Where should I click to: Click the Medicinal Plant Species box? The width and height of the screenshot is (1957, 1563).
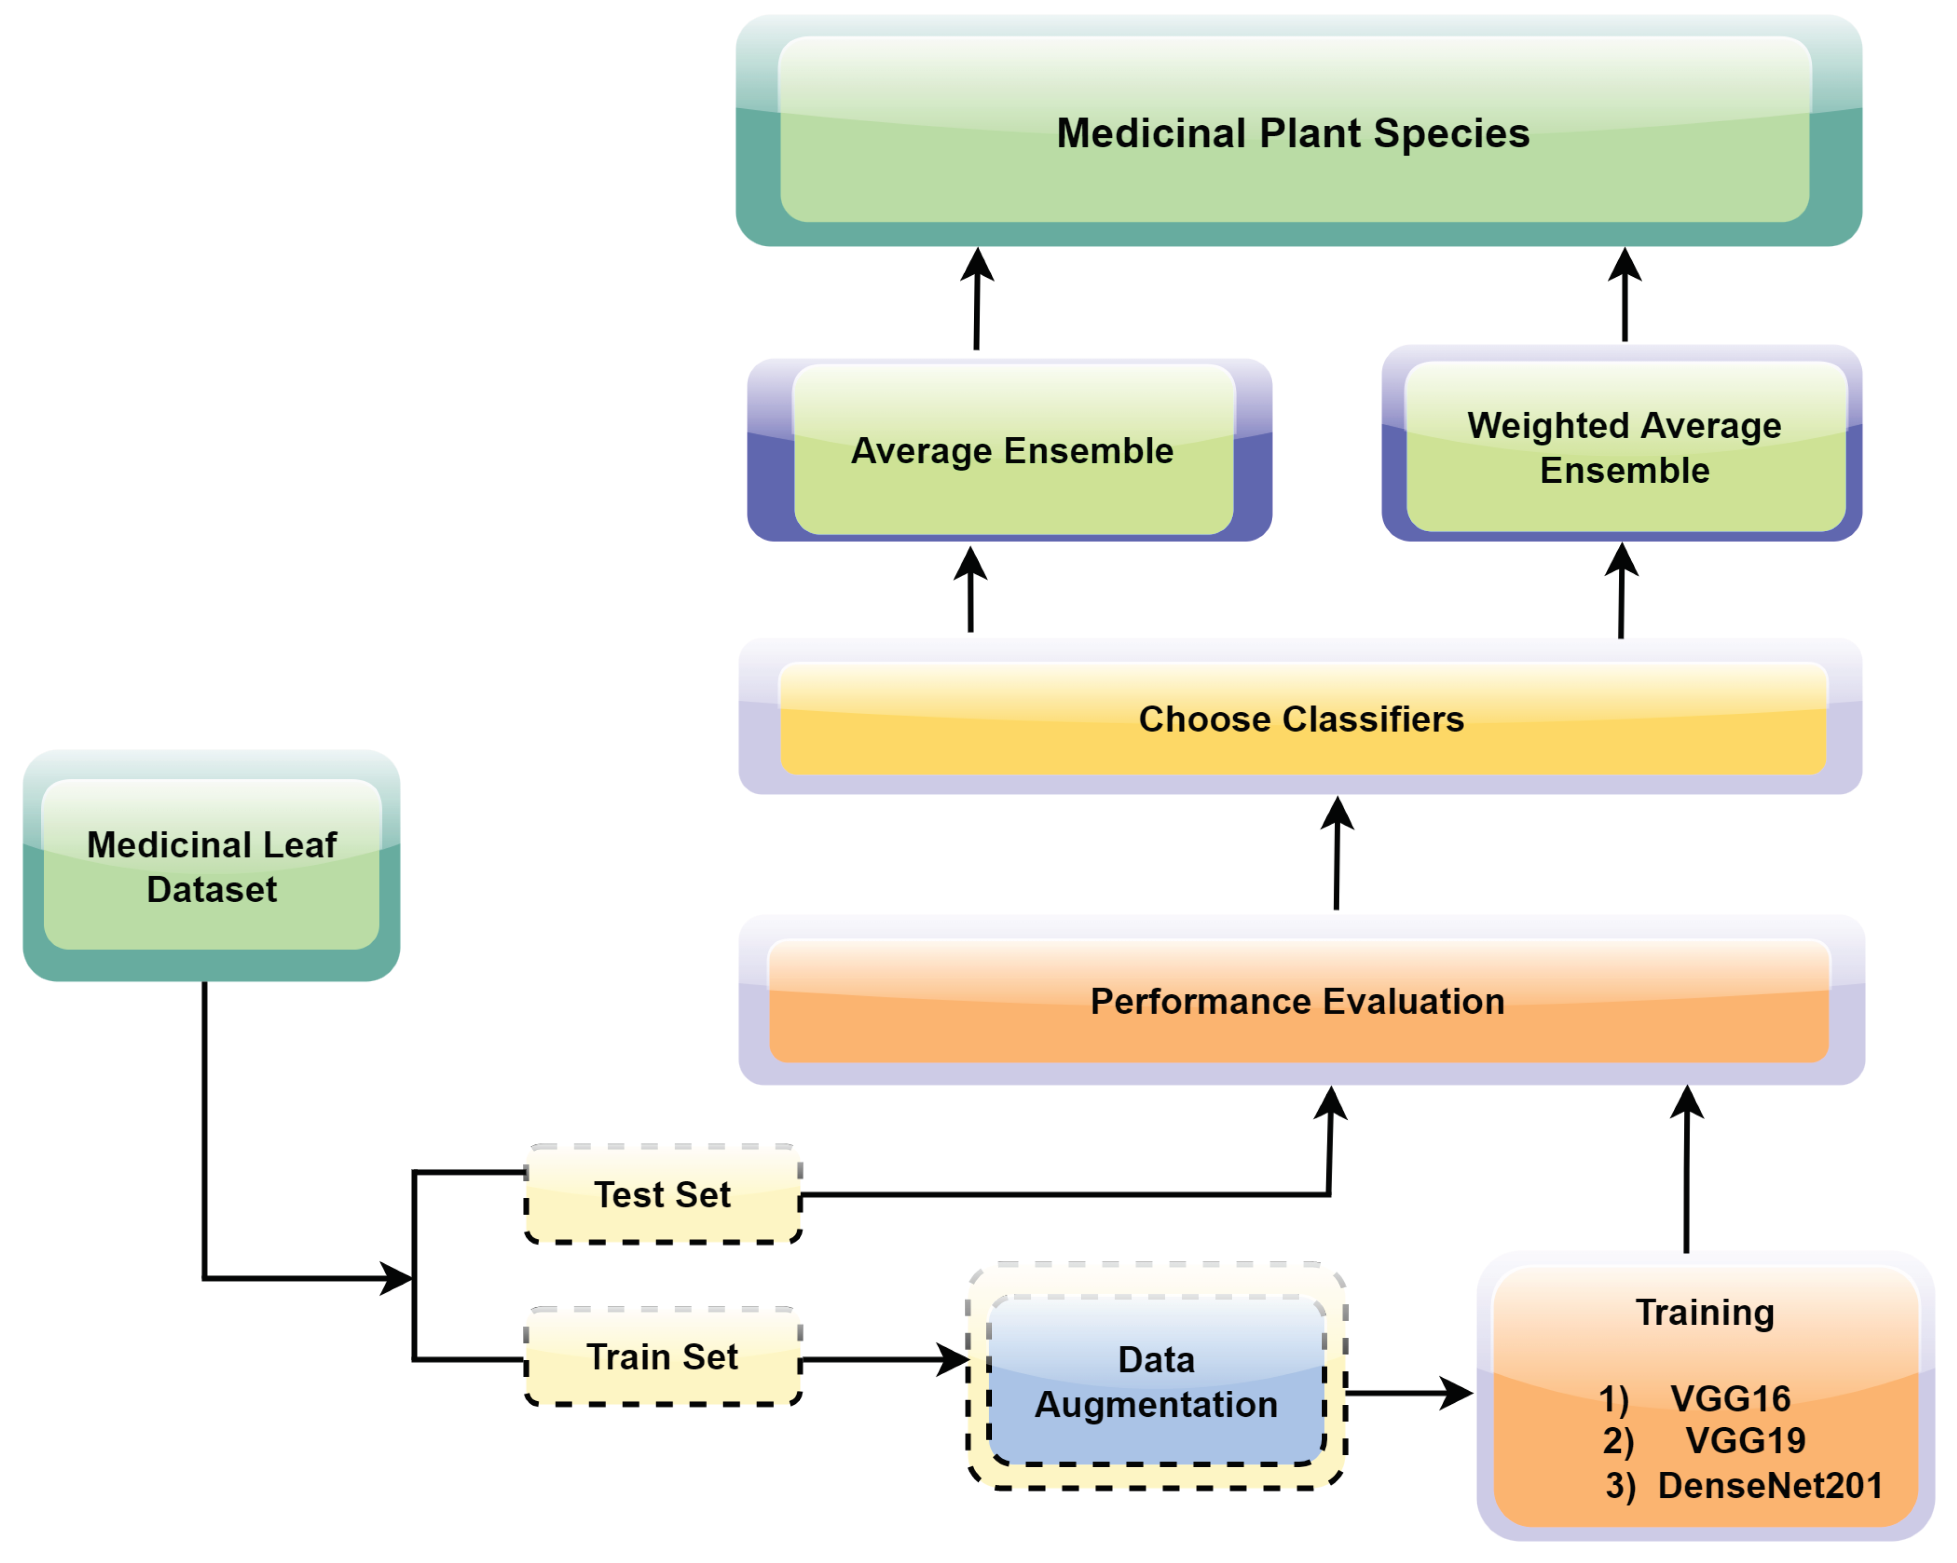1293,133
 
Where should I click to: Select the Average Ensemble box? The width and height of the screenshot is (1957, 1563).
1011,451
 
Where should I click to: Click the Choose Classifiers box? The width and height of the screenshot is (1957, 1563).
1301,719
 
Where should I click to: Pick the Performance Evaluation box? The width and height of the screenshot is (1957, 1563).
1297,1001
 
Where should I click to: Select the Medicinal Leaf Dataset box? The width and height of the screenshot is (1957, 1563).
211,867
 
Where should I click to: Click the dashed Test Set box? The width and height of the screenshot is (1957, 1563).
662,1195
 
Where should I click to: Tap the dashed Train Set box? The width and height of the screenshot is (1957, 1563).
662,1357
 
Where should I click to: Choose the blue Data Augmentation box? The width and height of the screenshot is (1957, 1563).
1156,1381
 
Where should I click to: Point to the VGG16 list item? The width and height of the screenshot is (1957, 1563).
1729,1399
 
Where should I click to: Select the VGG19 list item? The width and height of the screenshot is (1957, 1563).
1745,1440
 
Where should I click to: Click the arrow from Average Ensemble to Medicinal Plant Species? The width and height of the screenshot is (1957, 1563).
977,300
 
